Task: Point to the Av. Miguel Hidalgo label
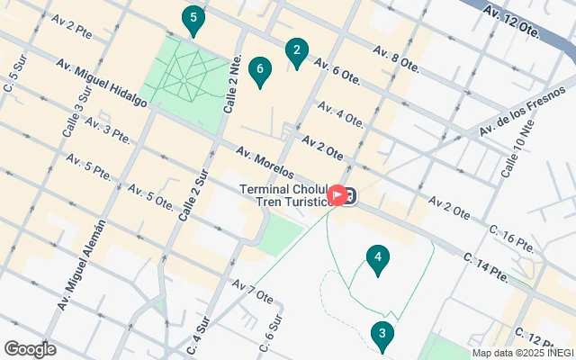click(101, 83)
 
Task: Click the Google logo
click(31, 348)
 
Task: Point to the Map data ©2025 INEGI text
click(522, 353)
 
